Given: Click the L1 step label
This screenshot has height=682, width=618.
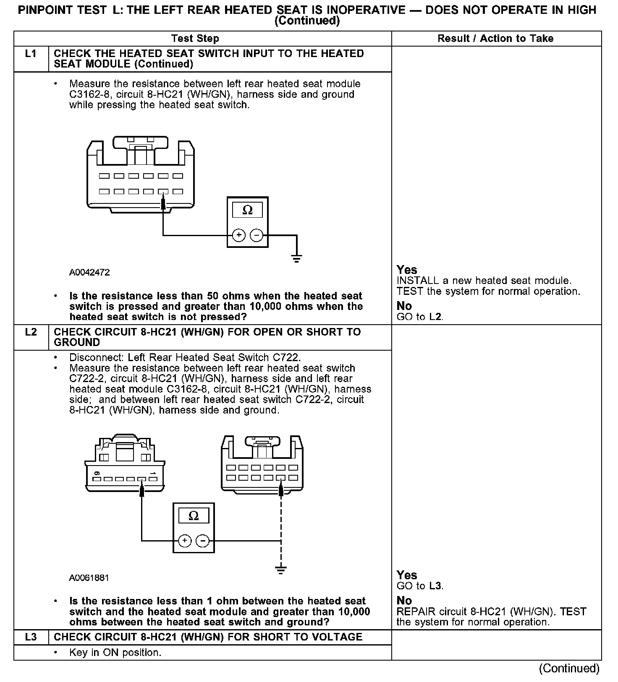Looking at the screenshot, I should tap(31, 54).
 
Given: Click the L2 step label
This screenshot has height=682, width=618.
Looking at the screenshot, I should tap(31, 332).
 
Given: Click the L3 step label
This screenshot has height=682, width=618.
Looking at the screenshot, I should tap(31, 637).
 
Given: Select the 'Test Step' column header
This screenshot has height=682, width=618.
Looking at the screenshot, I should tap(195, 39).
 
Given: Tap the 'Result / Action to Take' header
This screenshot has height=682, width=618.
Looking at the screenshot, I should tap(495, 39).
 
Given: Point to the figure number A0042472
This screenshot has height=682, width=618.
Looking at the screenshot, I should tap(89, 273).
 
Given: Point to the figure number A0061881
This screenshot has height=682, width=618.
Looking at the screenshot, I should tap(89, 578).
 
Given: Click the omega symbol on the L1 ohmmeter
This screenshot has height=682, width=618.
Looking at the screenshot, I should tap(247, 210).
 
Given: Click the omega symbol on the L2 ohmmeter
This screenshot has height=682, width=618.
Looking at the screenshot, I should tap(194, 516).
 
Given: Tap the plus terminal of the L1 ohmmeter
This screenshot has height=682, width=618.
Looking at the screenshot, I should tap(239, 235).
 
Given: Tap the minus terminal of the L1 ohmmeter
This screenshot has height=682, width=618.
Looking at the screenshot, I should tap(256, 235).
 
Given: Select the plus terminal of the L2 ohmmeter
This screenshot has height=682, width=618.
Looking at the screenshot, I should tap(185, 541).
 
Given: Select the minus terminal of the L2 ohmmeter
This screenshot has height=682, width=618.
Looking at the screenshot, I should tap(203, 541).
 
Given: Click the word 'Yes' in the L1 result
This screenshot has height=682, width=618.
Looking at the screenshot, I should tap(407, 270).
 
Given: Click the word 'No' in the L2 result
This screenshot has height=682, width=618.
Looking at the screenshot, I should tap(404, 601).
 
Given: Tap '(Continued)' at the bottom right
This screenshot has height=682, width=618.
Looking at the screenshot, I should tap(569, 668).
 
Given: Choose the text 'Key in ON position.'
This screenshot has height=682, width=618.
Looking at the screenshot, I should tap(115, 653).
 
